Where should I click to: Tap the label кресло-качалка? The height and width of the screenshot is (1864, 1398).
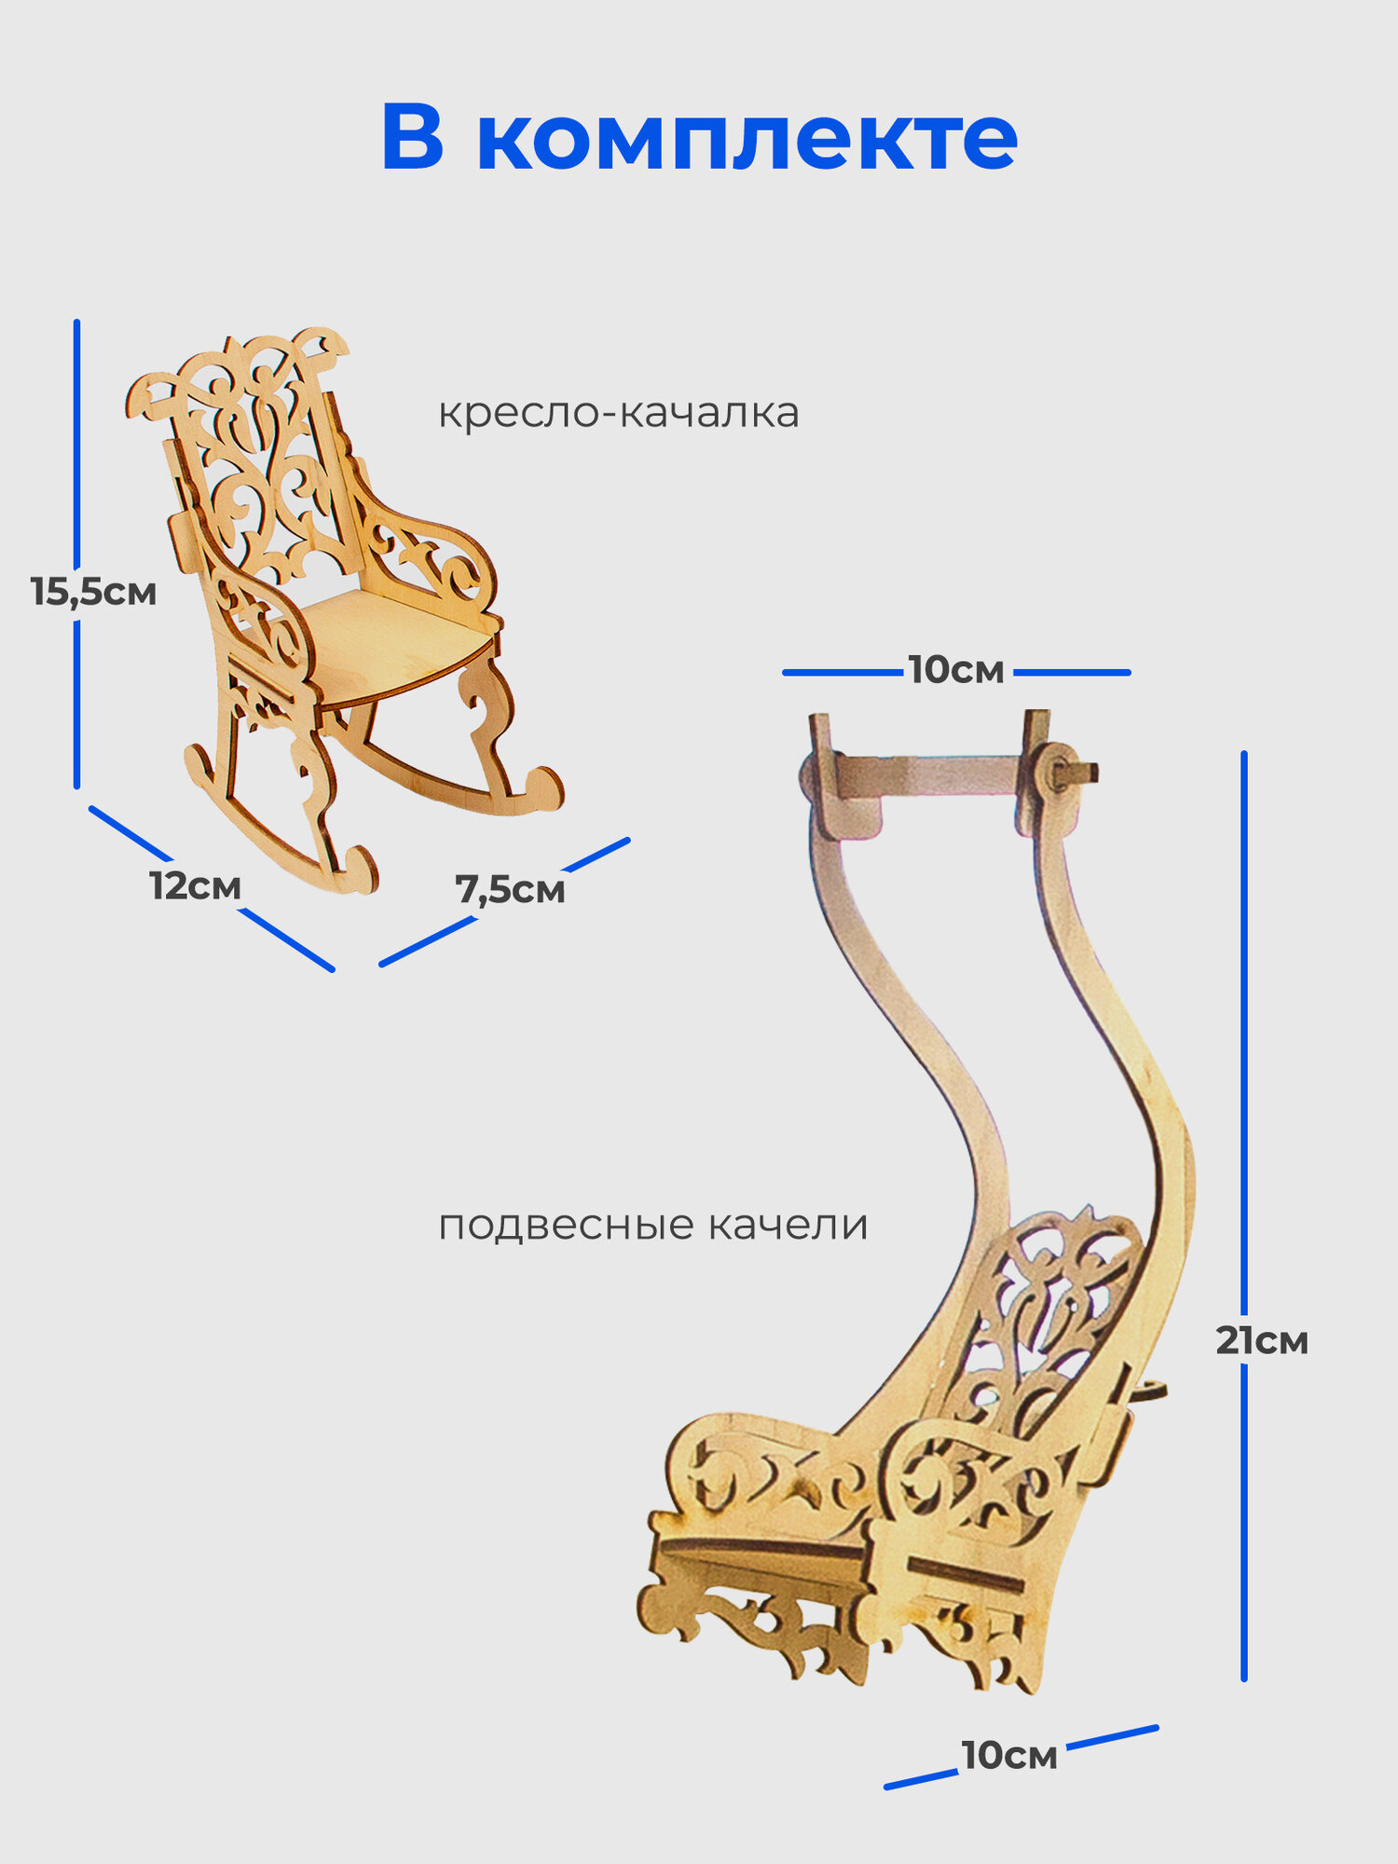pyautogui.click(x=618, y=413)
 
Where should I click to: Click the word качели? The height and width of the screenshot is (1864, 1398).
pyautogui.click(x=788, y=1225)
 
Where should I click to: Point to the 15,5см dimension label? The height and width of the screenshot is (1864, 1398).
pyautogui.click(x=93, y=592)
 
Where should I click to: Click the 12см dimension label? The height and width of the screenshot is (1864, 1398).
pyautogui.click(x=195, y=886)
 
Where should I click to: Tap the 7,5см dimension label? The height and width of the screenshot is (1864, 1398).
pyautogui.click(x=510, y=890)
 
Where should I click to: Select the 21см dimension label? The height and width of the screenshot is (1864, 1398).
pyautogui.click(x=1261, y=1341)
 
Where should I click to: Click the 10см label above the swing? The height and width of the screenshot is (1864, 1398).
pyautogui.click(x=956, y=671)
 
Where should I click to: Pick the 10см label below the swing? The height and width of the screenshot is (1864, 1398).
pyautogui.click(x=1009, y=1756)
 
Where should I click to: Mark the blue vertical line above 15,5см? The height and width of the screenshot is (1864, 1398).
pyautogui.click(x=76, y=438)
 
